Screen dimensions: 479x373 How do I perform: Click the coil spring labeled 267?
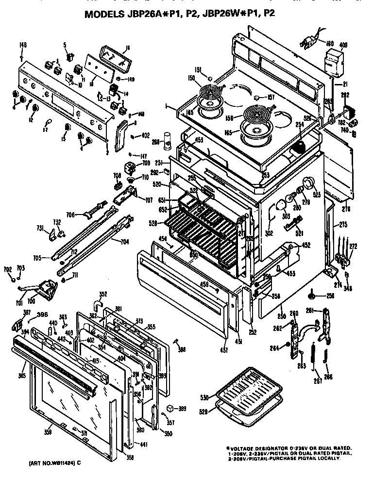pyautogui.click(x=314, y=356)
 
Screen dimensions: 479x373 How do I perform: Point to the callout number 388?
pyautogui.click(x=182, y=349)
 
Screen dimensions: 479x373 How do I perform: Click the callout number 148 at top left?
pyautogui.click(x=23, y=45)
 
